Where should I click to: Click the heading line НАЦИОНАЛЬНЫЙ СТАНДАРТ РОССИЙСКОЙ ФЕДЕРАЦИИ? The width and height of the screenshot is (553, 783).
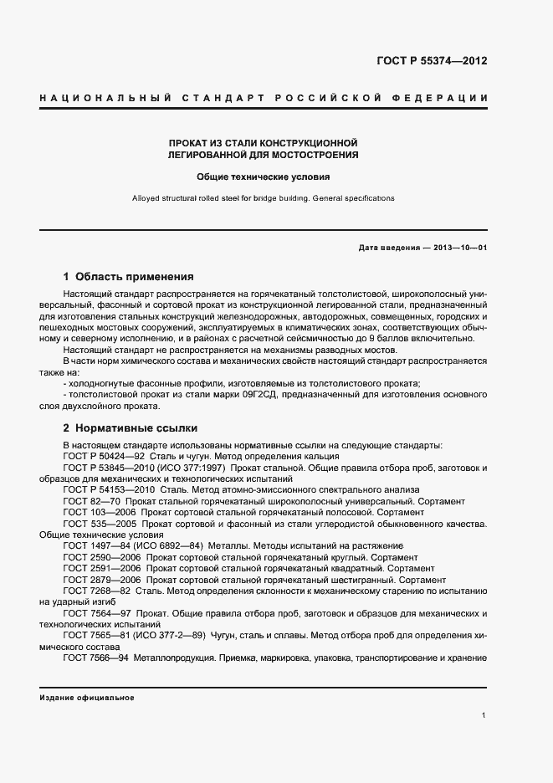tap(264, 99)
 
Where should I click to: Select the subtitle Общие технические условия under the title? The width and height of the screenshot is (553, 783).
tap(264, 177)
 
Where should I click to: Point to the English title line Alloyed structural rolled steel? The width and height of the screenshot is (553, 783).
tap(264, 198)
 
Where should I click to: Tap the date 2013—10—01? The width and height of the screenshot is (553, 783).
tap(459, 248)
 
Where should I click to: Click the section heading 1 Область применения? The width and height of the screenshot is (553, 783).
tap(129, 276)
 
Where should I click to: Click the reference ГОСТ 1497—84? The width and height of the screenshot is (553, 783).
tap(95, 545)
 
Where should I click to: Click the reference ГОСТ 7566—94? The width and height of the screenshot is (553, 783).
tap(95, 658)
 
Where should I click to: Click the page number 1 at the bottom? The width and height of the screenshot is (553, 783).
tap(484, 715)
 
